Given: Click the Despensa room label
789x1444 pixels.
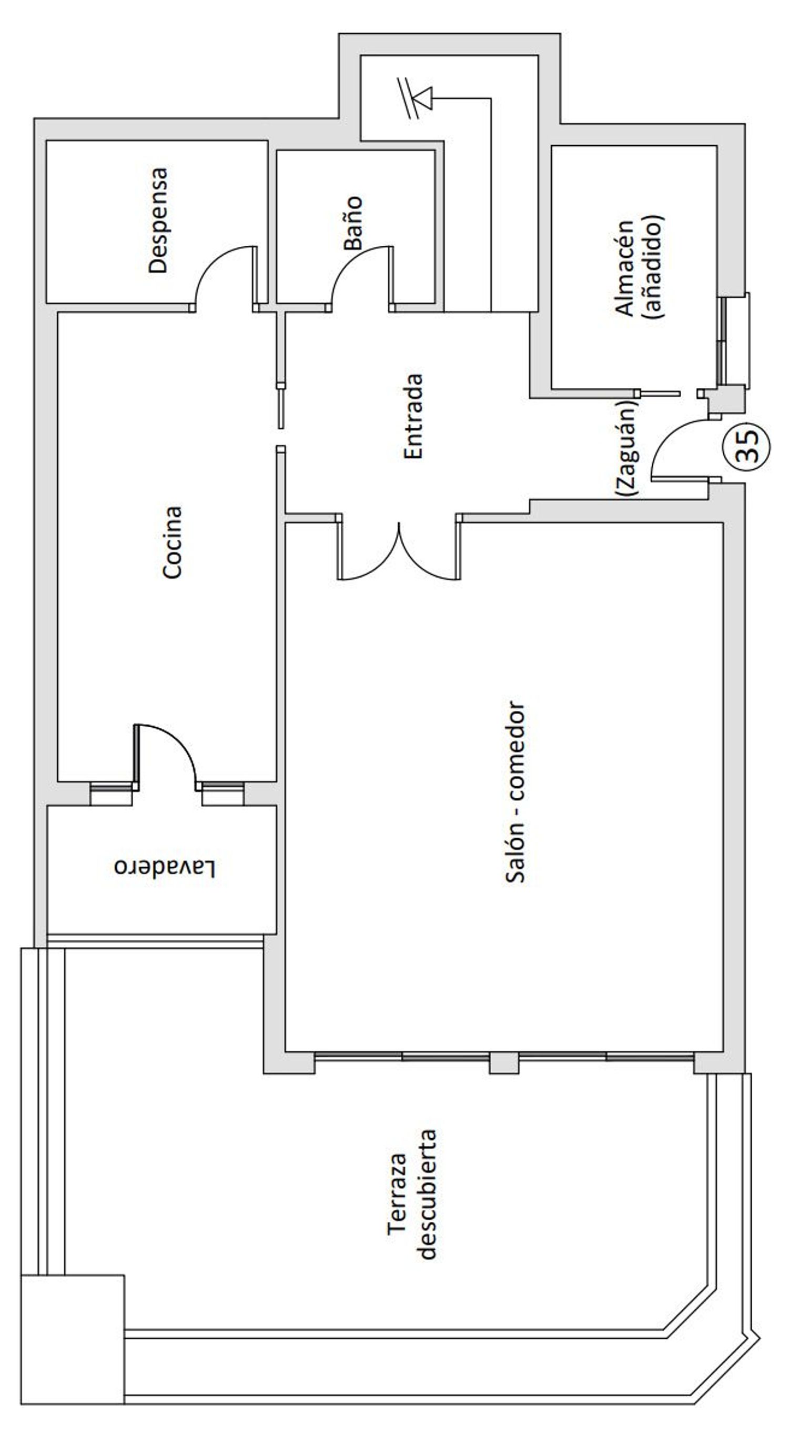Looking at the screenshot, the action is tap(158, 220).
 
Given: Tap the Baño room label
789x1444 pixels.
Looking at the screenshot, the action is tap(352, 223).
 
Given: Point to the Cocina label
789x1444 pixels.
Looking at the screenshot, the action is tap(172, 542).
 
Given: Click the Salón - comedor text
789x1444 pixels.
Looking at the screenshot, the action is tap(515, 793).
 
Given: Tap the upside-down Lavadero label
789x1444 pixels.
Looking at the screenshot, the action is tap(165, 868).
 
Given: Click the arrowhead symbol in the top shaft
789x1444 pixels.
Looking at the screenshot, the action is tap(423, 98).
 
